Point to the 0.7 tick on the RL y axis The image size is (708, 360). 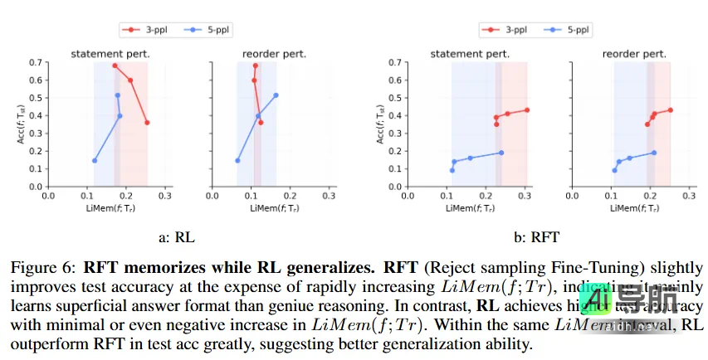[x=35, y=62]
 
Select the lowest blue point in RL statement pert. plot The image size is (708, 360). [x=95, y=160]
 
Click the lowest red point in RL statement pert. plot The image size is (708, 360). [x=147, y=123]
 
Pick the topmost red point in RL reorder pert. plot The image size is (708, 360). [x=256, y=66]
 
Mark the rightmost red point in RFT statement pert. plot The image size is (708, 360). [x=527, y=109]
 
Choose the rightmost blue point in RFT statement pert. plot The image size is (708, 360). [x=501, y=153]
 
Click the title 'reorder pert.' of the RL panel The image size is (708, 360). [x=275, y=54]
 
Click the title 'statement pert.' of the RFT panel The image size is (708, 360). [x=470, y=54]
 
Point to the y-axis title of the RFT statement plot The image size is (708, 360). [x=381, y=124]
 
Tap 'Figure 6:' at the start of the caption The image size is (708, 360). [x=37, y=268]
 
